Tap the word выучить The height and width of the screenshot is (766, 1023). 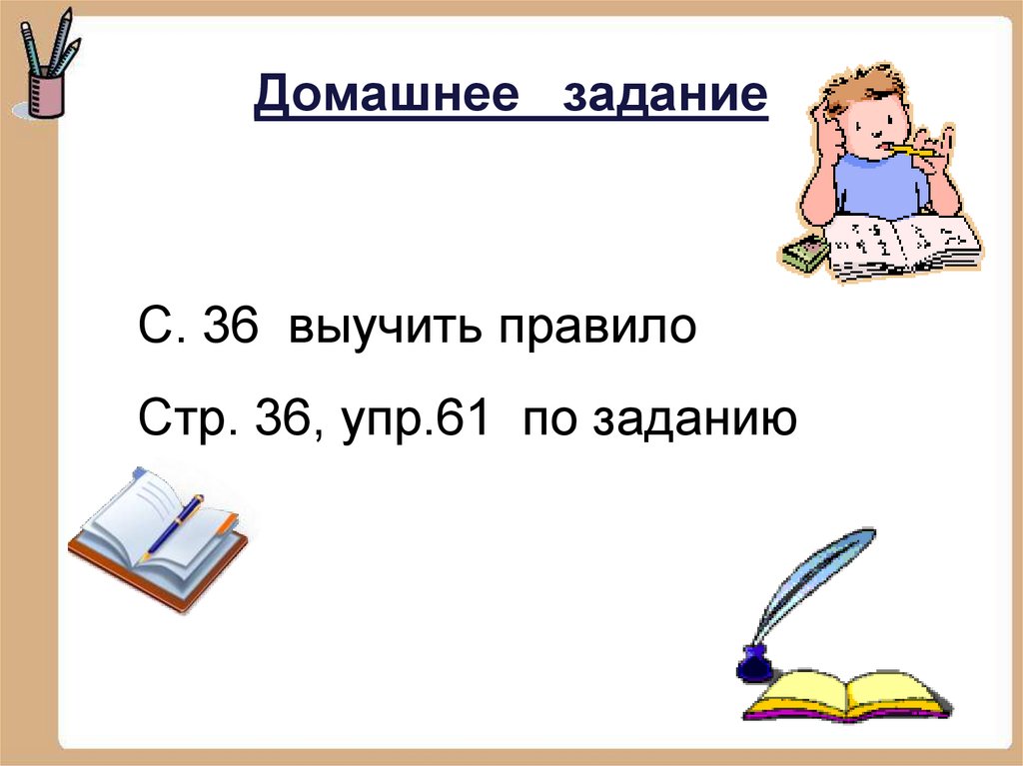399,327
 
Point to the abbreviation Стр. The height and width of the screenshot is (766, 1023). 180,418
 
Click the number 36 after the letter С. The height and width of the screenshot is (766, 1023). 232,327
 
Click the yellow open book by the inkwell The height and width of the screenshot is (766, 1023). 845,694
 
